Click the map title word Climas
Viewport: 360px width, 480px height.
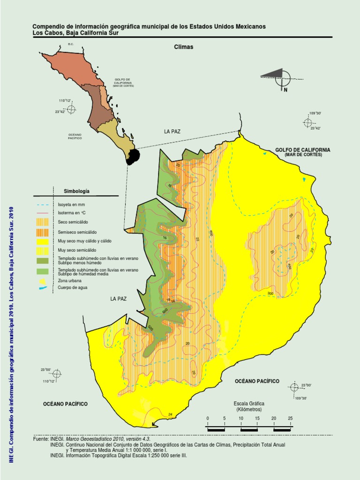183,47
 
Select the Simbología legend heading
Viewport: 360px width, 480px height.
76,191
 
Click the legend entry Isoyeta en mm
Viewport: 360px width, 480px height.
71,205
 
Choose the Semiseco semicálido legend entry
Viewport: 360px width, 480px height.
77,231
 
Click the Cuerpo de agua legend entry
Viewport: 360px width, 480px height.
73,287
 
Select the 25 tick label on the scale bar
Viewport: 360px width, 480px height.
290,418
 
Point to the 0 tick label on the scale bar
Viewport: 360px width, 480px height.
208,418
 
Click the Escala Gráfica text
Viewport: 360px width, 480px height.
249,403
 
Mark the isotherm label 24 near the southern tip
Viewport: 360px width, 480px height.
170,414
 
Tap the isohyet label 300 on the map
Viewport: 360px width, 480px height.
270,293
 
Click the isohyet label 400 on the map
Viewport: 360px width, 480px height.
289,266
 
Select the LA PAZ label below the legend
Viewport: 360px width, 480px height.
119,299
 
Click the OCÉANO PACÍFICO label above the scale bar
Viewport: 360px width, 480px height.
257,382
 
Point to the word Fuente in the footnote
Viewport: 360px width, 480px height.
41,439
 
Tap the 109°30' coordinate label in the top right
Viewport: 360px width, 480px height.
315,113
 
